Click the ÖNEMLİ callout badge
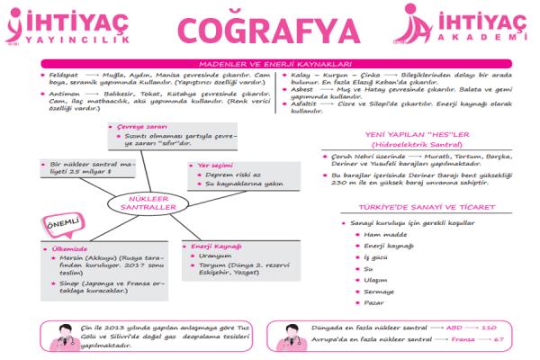pyautogui.click(x=60, y=222)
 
